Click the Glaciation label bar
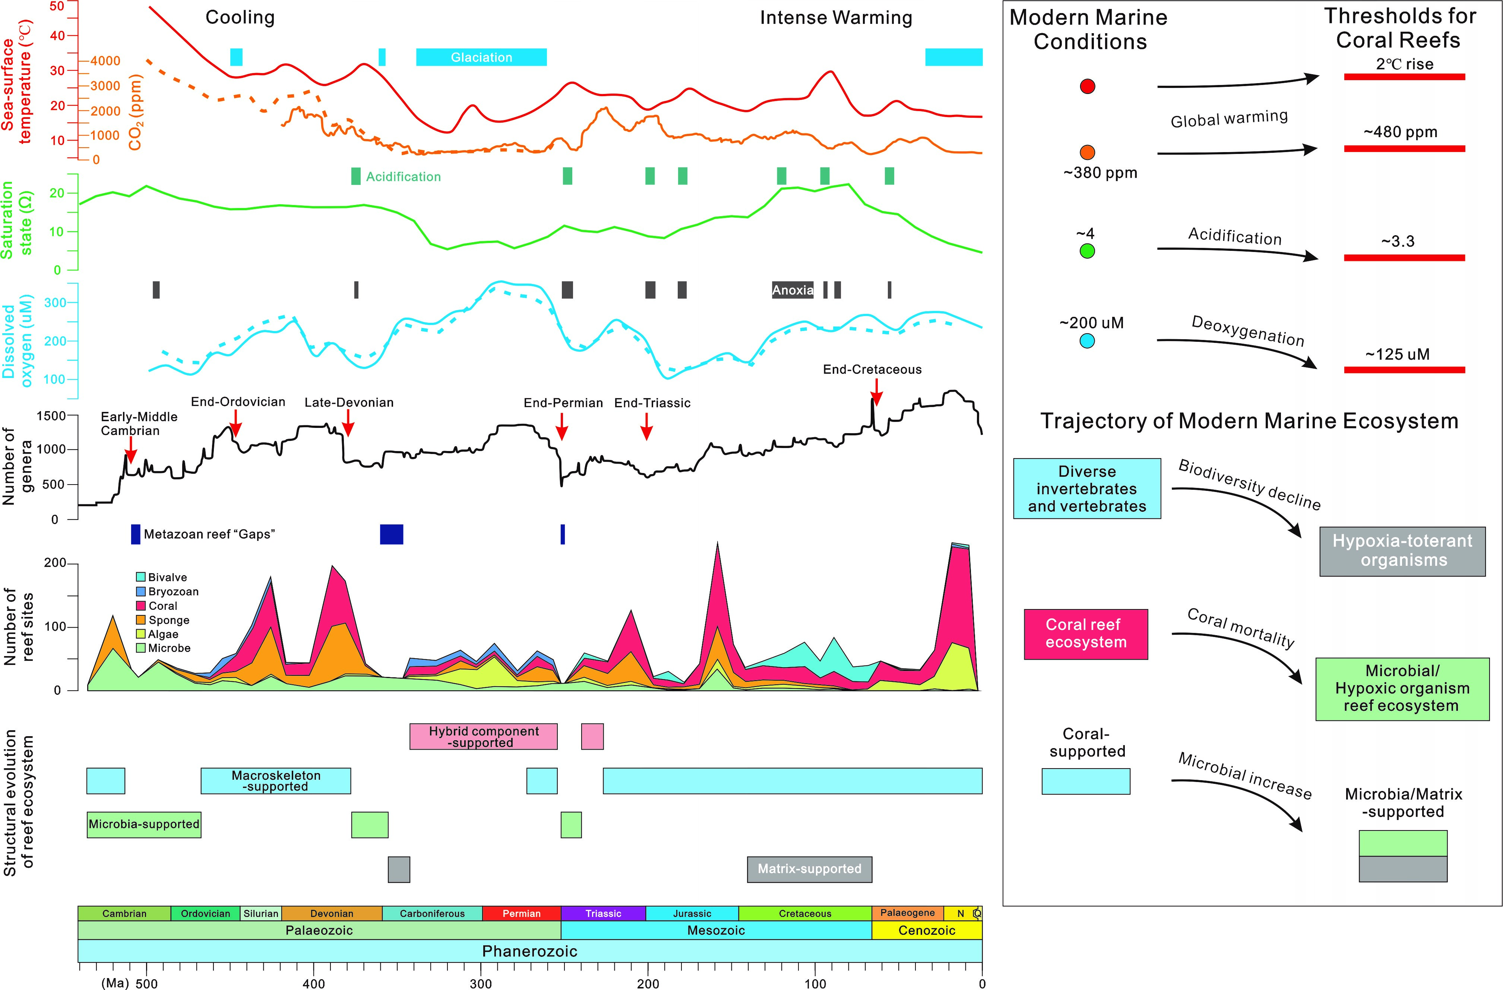tap(481, 57)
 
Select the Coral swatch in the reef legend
tap(141, 606)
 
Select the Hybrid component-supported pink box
tap(484, 737)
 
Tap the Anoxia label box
tap(792, 290)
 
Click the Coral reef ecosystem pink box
tap(1086, 634)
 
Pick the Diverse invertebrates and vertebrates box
tap(1087, 488)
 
